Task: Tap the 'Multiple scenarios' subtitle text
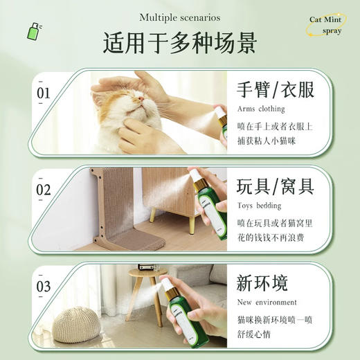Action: [x=180, y=17]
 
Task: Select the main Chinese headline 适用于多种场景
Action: [x=180, y=43]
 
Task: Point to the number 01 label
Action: [x=43, y=92]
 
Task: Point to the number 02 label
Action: [x=43, y=190]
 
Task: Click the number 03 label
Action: [x=43, y=286]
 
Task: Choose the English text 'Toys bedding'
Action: [x=259, y=206]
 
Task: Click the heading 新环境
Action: [x=262, y=284]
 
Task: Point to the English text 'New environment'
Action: [x=267, y=303]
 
